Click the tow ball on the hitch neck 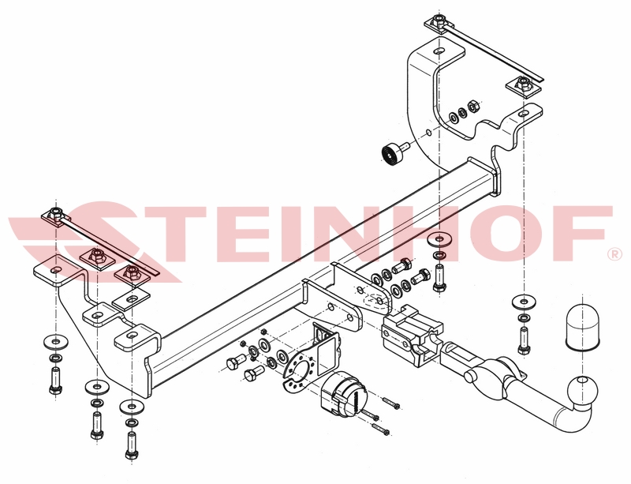582,390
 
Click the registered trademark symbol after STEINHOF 614,255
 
